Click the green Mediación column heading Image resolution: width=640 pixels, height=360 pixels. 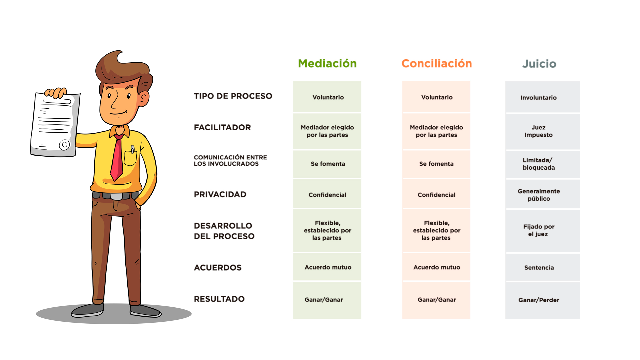click(327, 63)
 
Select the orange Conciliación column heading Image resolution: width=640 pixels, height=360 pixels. click(437, 63)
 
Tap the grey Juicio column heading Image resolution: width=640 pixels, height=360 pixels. click(539, 64)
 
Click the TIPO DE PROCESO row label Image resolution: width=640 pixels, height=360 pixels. click(233, 96)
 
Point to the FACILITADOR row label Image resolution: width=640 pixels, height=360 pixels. click(222, 127)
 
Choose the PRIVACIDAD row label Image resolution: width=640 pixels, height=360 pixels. click(220, 194)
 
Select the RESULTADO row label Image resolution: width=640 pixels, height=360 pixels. click(219, 299)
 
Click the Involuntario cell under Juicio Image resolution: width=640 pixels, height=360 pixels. click(543, 97)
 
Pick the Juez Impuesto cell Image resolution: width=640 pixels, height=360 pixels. click(543, 132)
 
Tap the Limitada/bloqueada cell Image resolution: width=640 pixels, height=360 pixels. click(543, 164)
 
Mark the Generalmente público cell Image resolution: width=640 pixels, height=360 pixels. click(543, 194)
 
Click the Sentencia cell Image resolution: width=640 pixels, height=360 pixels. click(543, 267)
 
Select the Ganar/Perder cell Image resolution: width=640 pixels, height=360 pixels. click(543, 300)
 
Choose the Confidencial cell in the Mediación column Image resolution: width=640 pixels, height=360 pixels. click(327, 194)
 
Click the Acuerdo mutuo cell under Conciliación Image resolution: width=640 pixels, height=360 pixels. click(436, 267)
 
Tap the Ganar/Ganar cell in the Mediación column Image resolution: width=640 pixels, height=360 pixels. click(327, 300)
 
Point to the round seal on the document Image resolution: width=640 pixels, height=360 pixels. click(64, 145)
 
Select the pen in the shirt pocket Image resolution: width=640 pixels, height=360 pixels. click(133, 150)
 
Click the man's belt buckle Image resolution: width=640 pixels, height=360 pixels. click(116, 196)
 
